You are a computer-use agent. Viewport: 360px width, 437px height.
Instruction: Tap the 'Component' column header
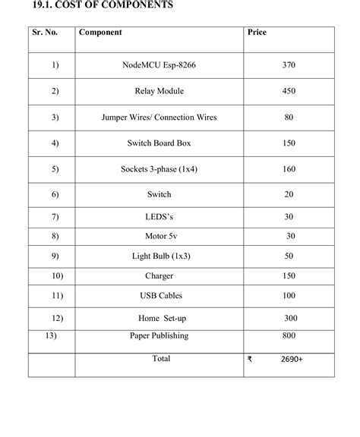tap(100, 33)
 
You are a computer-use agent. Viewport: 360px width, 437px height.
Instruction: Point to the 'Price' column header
tap(257, 33)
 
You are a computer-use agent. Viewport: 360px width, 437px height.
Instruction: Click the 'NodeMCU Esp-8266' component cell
tap(159, 65)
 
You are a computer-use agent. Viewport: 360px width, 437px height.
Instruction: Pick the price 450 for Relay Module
tap(288, 91)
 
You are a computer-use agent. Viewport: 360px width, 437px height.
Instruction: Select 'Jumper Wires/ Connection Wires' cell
tap(159, 118)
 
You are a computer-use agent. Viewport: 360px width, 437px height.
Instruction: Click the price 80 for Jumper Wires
tap(289, 118)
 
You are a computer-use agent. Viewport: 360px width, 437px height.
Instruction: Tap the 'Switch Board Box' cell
tap(159, 143)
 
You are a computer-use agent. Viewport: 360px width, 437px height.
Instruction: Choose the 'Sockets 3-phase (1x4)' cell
tap(159, 169)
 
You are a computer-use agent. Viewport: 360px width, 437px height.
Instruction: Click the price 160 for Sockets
tap(289, 169)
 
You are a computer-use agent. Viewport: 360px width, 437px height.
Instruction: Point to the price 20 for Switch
tap(289, 195)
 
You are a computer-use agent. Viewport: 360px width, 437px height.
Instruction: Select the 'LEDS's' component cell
tap(159, 217)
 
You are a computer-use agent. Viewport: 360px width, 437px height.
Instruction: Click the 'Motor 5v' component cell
tap(159, 236)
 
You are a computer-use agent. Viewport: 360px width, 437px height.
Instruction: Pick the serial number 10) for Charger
tap(58, 275)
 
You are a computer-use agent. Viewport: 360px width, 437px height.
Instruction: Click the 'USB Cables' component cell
tap(160, 295)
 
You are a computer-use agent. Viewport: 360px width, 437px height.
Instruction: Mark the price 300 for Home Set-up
tap(292, 318)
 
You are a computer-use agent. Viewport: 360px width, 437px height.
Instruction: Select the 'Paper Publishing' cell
tap(159, 335)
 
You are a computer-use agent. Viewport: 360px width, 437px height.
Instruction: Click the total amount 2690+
tap(290, 359)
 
